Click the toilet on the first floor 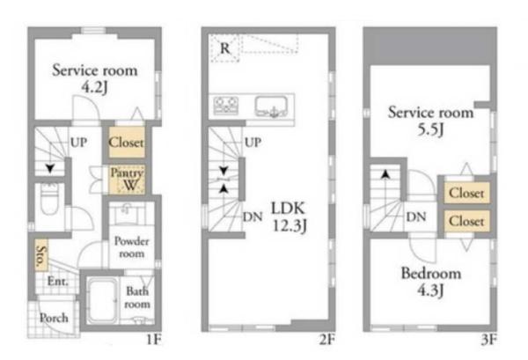point(50,201)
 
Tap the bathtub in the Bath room point(102,301)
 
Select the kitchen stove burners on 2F point(226,105)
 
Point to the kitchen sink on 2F point(272,107)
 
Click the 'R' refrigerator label point(225,48)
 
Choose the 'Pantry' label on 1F point(127,173)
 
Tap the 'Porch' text point(54,318)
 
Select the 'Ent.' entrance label point(57,281)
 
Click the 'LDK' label point(288,209)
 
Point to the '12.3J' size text point(290,225)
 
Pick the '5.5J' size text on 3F point(430,129)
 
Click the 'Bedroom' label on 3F point(431,273)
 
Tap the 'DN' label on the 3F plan point(416,217)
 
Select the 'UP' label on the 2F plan point(253,143)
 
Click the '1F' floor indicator point(154,340)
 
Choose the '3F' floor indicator point(488,340)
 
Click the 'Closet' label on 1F point(126,143)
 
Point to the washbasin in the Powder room point(127,213)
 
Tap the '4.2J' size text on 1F point(95,87)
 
